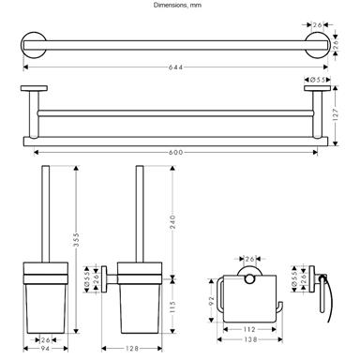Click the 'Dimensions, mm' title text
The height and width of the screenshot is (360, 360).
pos(177,5)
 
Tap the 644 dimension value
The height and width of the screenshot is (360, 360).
pos(175,67)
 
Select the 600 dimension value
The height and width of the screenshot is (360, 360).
pos(175,153)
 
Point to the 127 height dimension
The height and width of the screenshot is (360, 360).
pos(336,114)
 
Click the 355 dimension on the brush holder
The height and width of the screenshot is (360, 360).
pos(76,240)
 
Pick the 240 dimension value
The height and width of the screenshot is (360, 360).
pos(172,221)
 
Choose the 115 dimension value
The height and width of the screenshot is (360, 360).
pos(172,307)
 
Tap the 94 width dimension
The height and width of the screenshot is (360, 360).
pos(46,349)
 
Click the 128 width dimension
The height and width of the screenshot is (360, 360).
pos(132,349)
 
